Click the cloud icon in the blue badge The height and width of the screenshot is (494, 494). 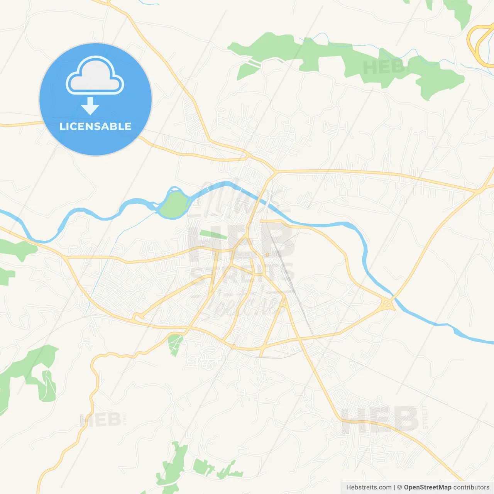tap(95, 76)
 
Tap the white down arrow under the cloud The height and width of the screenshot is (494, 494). tap(90, 106)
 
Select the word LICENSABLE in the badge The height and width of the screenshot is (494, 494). tap(95, 126)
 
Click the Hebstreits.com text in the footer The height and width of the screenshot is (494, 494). tap(369, 487)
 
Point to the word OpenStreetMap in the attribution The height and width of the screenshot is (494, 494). tap(427, 487)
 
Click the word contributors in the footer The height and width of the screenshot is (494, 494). tap(471, 487)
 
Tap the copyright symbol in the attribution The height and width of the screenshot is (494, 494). tap(399, 487)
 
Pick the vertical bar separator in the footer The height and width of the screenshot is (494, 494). tap(394, 487)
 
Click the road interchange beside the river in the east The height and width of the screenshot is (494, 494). tap(387, 305)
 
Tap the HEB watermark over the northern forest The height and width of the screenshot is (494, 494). tap(384, 68)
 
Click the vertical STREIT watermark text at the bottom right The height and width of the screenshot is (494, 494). tap(425, 417)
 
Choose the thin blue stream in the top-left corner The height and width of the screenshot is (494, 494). tap(149, 3)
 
